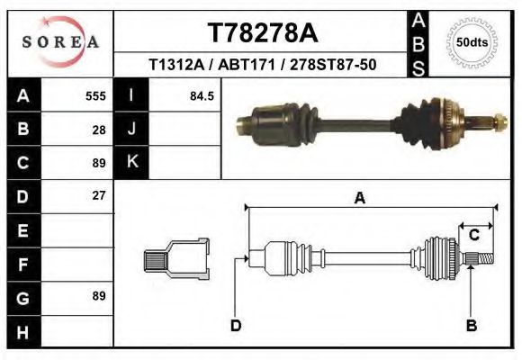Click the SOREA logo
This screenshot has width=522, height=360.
(x=60, y=42)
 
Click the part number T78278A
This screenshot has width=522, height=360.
(x=263, y=33)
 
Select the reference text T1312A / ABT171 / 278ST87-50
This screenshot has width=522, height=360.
(x=263, y=65)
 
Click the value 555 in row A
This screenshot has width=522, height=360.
(x=95, y=95)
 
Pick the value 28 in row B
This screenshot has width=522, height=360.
(x=99, y=129)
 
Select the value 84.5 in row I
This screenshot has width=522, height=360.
(x=202, y=95)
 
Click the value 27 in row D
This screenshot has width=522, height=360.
(x=99, y=195)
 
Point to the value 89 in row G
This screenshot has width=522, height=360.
(x=99, y=295)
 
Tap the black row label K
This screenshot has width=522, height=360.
(x=132, y=162)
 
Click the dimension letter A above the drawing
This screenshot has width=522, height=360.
(x=359, y=199)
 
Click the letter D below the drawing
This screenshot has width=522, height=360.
(x=236, y=325)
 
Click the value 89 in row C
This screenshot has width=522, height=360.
(x=99, y=163)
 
